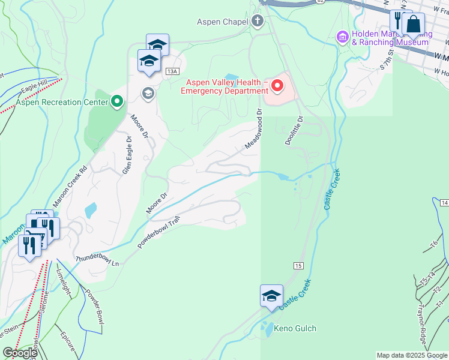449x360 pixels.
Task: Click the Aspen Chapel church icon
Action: coord(258,22)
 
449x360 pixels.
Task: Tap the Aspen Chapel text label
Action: coord(222,22)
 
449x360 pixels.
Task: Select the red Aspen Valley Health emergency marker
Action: coord(277,85)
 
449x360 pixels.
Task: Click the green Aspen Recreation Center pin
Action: coord(116,101)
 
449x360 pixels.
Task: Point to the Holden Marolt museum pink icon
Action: coord(343,37)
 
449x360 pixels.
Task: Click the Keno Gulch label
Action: coord(295,329)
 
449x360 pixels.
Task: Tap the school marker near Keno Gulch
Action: coord(271,295)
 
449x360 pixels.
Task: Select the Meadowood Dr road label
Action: coord(254,129)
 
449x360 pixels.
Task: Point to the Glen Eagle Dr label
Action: coord(127,154)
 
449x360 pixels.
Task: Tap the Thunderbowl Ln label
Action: coord(97,259)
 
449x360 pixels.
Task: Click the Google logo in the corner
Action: coord(20,353)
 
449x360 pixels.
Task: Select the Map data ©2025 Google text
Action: coord(412,355)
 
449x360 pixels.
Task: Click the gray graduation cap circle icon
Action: coord(148,93)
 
